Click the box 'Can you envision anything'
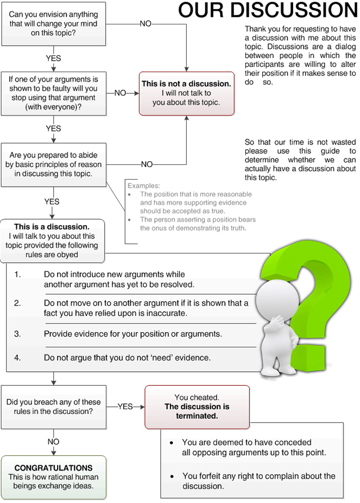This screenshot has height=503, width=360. pyautogui.click(x=54, y=23)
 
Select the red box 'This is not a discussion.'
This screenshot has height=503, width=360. pyautogui.click(x=186, y=93)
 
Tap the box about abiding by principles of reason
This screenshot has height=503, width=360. pyautogui.click(x=54, y=164)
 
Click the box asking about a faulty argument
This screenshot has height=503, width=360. pyautogui.click(x=54, y=93)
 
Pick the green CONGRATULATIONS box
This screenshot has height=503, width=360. pyautogui.click(x=54, y=477)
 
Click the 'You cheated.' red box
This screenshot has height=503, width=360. pyautogui.click(x=197, y=407)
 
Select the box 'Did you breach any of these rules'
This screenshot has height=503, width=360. pyautogui.click(x=54, y=406)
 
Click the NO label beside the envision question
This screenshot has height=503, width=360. pyautogui.click(x=146, y=24)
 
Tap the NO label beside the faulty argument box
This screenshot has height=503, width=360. pyautogui.click(x=120, y=93)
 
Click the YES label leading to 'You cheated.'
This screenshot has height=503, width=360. pyautogui.click(x=125, y=406)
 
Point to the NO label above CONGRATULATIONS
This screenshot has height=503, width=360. pyautogui.click(x=53, y=442)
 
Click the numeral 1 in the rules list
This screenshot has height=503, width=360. pyautogui.click(x=17, y=275)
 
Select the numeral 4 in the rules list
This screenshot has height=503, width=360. pyautogui.click(x=17, y=358)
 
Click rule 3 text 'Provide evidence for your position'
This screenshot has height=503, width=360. pyautogui.click(x=133, y=334)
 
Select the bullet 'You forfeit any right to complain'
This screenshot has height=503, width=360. pyautogui.click(x=258, y=481)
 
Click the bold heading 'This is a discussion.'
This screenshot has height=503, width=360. pyautogui.click(x=52, y=227)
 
